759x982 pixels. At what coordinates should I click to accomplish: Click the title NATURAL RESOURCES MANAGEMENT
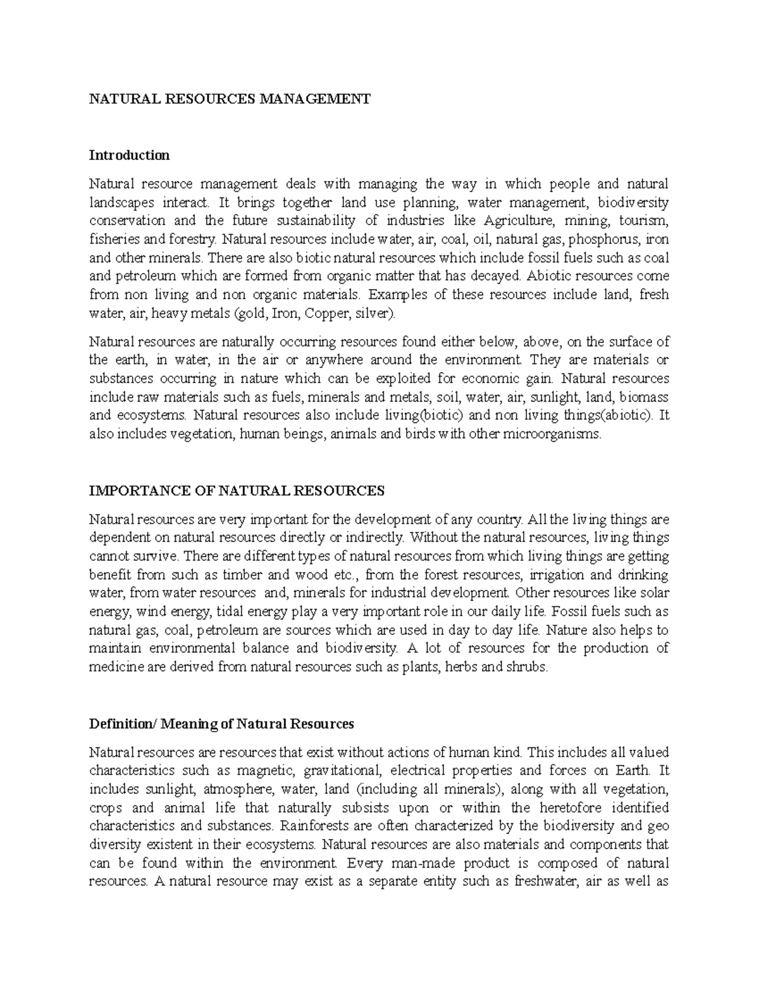pos(229,99)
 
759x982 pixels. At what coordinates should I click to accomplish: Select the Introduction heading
pos(129,155)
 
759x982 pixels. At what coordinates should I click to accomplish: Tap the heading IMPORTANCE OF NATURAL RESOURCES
pos(237,491)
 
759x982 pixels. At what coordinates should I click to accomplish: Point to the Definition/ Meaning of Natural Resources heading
pos(221,723)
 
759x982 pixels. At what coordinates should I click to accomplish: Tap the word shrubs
pos(529,666)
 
